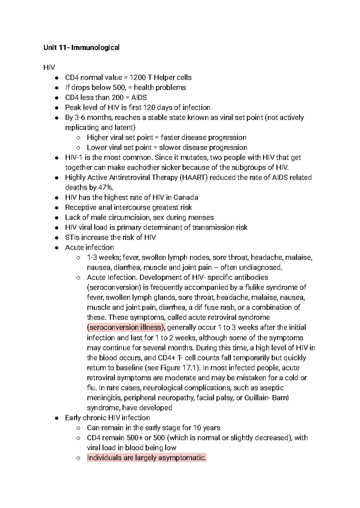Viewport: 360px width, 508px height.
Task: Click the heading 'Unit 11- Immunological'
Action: coord(82,47)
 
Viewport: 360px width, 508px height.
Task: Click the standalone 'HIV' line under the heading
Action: coord(49,67)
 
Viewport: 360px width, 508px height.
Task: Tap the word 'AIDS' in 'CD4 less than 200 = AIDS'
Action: coord(139,97)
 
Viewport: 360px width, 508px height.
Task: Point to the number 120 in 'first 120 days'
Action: coord(149,107)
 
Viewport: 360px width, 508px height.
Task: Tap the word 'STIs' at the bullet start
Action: coord(72,237)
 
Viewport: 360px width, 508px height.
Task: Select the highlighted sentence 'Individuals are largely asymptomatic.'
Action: coord(147,458)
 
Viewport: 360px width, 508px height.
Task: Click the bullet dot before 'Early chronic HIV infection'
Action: coord(56,418)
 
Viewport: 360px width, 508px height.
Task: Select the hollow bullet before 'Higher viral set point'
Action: coord(78,138)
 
